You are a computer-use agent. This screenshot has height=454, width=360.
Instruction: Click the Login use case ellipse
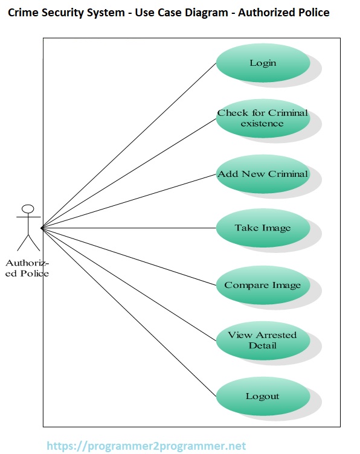pyautogui.click(x=262, y=63)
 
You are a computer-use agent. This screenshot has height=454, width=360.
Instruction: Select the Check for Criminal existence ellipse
pyautogui.click(x=262, y=118)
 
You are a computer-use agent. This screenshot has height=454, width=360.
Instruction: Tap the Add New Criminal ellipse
pyautogui.click(x=262, y=174)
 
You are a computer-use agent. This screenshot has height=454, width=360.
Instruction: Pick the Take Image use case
pyautogui.click(x=262, y=228)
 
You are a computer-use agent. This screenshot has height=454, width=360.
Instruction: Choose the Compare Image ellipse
pyautogui.click(x=262, y=285)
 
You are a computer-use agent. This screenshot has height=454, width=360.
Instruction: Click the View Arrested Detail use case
pyautogui.click(x=262, y=340)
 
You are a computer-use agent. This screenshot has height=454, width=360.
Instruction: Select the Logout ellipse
pyautogui.click(x=262, y=396)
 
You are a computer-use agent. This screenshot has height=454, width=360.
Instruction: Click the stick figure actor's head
pyautogui.click(x=27, y=209)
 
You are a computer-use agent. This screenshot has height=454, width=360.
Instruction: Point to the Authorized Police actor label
pyautogui.click(x=27, y=269)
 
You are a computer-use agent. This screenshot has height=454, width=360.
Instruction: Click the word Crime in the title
pyautogui.click(x=22, y=13)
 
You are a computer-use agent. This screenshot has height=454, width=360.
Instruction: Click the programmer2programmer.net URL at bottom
pyautogui.click(x=146, y=446)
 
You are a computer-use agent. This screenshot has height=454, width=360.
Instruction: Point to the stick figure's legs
pyautogui.click(x=27, y=242)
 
